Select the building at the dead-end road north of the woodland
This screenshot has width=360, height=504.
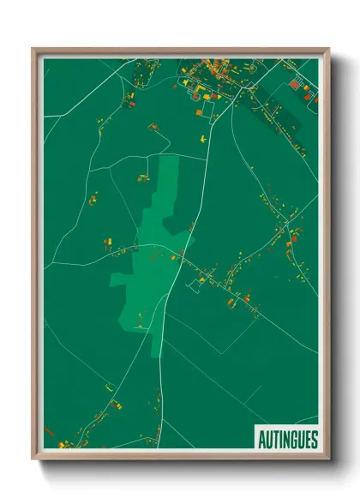tap(153, 127)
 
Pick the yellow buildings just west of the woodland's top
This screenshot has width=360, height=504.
tap(142, 177)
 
